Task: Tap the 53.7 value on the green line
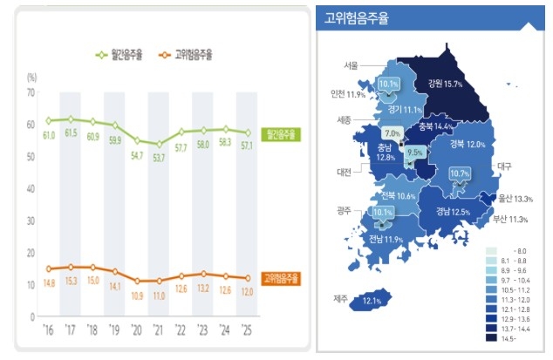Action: pyautogui.click(x=159, y=159)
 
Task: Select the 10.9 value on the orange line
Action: pyautogui.click(x=137, y=295)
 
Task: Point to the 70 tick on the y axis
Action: pyautogui.click(x=31, y=92)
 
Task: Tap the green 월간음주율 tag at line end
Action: pyautogui.click(x=279, y=134)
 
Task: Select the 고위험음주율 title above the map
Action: pyautogui.click(x=356, y=17)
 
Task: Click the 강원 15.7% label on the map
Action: pyautogui.click(x=445, y=84)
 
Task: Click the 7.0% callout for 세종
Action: pyautogui.click(x=392, y=133)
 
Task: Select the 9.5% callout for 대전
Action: pyautogui.click(x=415, y=152)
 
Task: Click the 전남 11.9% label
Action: pyautogui.click(x=384, y=239)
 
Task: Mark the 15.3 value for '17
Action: pyautogui.click(x=72, y=281)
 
